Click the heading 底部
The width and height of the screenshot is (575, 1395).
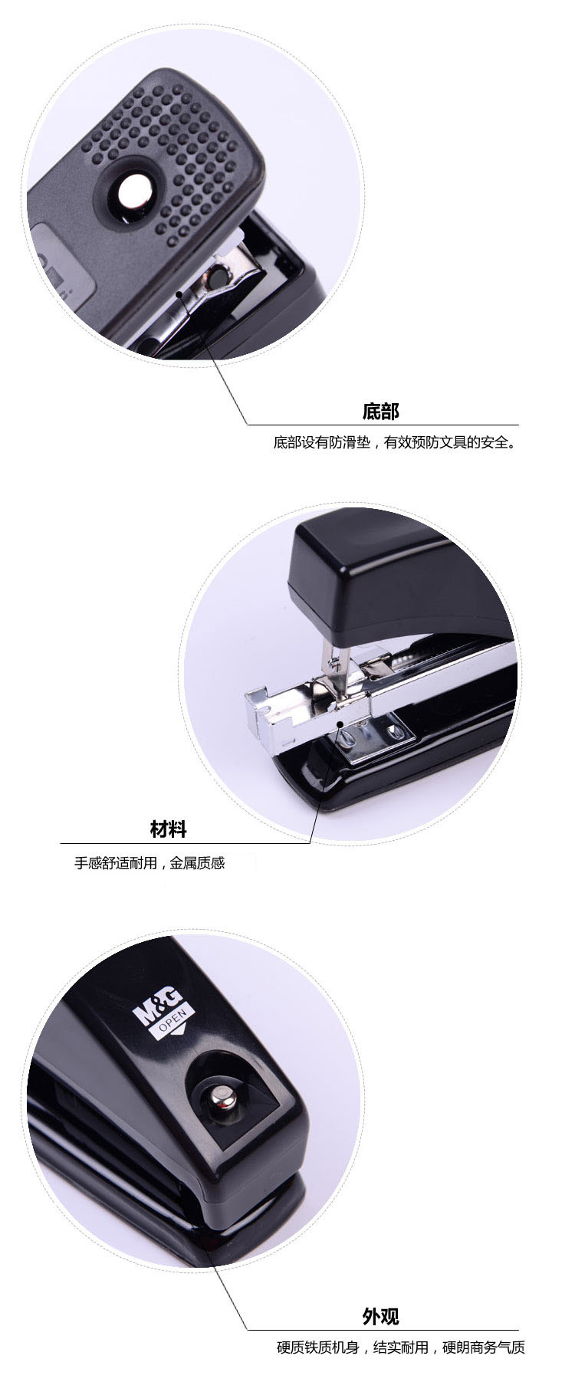tap(381, 412)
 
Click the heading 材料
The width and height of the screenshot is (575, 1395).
tap(168, 829)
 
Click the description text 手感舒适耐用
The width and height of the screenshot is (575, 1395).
tap(115, 863)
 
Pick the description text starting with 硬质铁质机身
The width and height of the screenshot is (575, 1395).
tap(401, 1347)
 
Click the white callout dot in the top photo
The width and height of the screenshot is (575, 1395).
tap(179, 293)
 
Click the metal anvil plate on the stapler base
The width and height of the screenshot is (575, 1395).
tap(373, 737)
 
